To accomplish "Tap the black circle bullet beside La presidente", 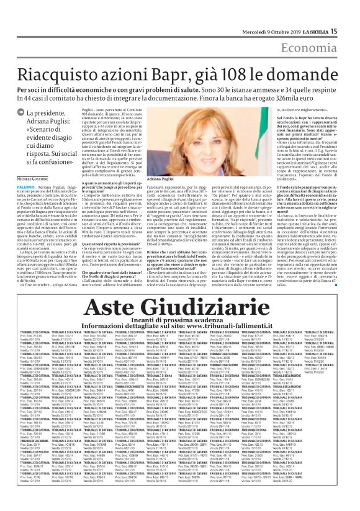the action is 20,113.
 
